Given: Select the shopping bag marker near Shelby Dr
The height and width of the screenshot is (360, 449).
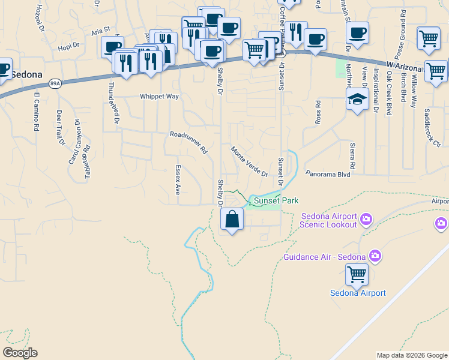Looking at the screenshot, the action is pyautogui.click(x=232, y=220).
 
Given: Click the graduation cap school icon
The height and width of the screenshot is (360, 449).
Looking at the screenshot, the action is pyautogui.click(x=357, y=99).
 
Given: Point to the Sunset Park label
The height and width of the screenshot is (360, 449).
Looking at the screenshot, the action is pyautogui.click(x=276, y=201).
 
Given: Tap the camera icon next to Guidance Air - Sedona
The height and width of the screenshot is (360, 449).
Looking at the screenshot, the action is pyautogui.click(x=375, y=257).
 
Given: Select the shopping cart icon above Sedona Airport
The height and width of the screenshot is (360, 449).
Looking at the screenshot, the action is pyautogui.click(x=357, y=275).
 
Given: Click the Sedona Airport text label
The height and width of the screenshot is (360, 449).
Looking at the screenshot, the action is pyautogui.click(x=358, y=293).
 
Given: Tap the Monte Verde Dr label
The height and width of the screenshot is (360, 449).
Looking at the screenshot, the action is pyautogui.click(x=249, y=161).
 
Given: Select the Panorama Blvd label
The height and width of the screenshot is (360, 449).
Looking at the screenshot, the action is pyautogui.click(x=327, y=174).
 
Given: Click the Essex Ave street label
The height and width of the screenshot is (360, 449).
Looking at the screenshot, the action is pyautogui.click(x=178, y=180).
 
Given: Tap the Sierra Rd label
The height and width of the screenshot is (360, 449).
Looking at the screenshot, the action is pyautogui.click(x=353, y=155).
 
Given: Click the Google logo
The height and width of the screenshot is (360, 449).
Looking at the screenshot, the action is pyautogui.click(x=20, y=353).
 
